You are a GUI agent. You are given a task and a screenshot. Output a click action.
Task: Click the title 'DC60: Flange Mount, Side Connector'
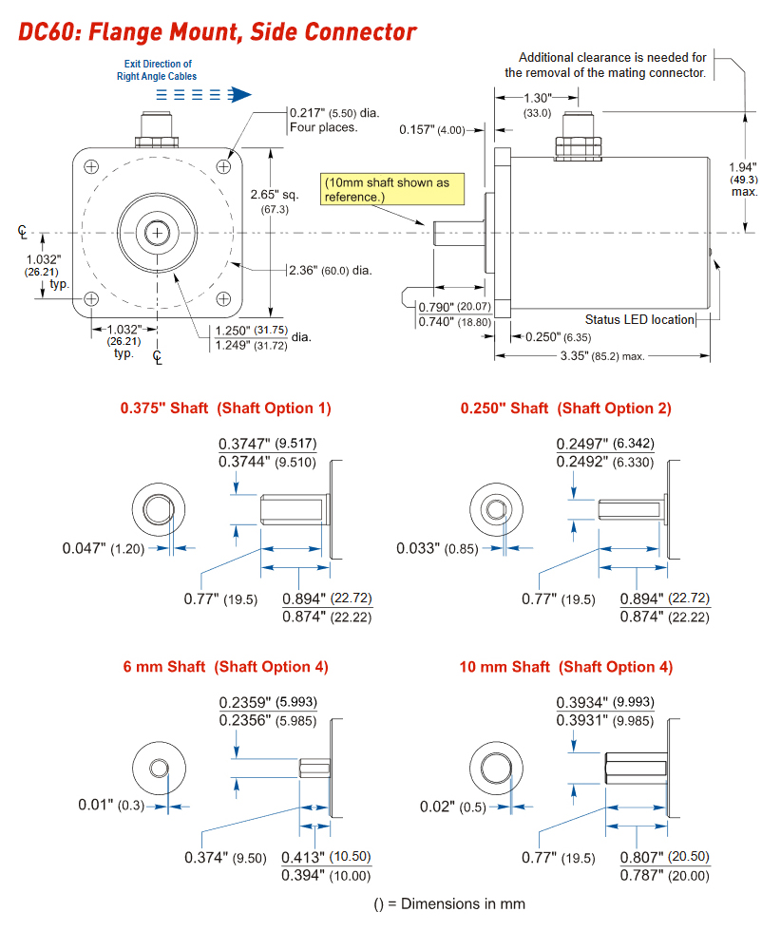click(x=218, y=31)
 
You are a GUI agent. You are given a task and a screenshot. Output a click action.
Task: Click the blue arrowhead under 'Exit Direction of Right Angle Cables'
click(x=241, y=94)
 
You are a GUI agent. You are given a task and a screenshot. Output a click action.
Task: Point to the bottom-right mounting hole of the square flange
click(x=225, y=299)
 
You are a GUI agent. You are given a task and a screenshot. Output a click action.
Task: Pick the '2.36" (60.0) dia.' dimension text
click(x=331, y=270)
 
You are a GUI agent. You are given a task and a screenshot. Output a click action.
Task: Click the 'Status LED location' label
click(x=639, y=319)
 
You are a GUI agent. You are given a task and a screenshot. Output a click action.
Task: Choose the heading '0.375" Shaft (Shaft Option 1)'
click(x=225, y=408)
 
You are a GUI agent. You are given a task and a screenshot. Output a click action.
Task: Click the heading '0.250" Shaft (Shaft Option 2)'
click(x=565, y=408)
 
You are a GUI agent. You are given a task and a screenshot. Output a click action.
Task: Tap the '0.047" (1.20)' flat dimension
click(x=104, y=548)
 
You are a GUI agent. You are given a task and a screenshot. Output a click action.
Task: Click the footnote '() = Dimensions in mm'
click(x=448, y=903)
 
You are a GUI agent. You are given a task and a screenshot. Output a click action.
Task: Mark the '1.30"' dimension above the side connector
click(x=538, y=98)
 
